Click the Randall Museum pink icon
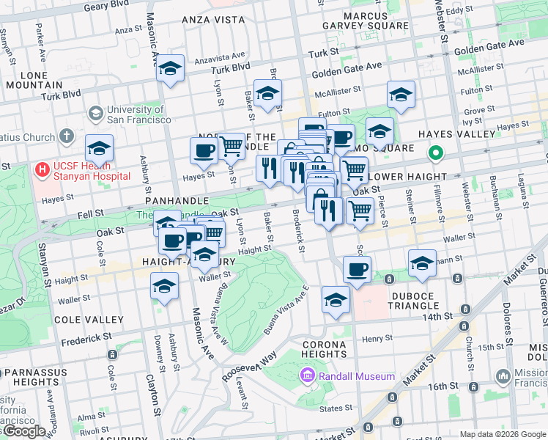307,376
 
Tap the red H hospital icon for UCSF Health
42,169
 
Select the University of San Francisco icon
95,114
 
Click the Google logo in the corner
23,431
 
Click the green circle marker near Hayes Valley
434,153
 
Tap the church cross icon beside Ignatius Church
66,136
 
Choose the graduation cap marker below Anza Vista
171,70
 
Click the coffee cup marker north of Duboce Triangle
357,270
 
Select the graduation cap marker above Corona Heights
336,301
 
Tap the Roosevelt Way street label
249,364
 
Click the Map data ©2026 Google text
502,434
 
